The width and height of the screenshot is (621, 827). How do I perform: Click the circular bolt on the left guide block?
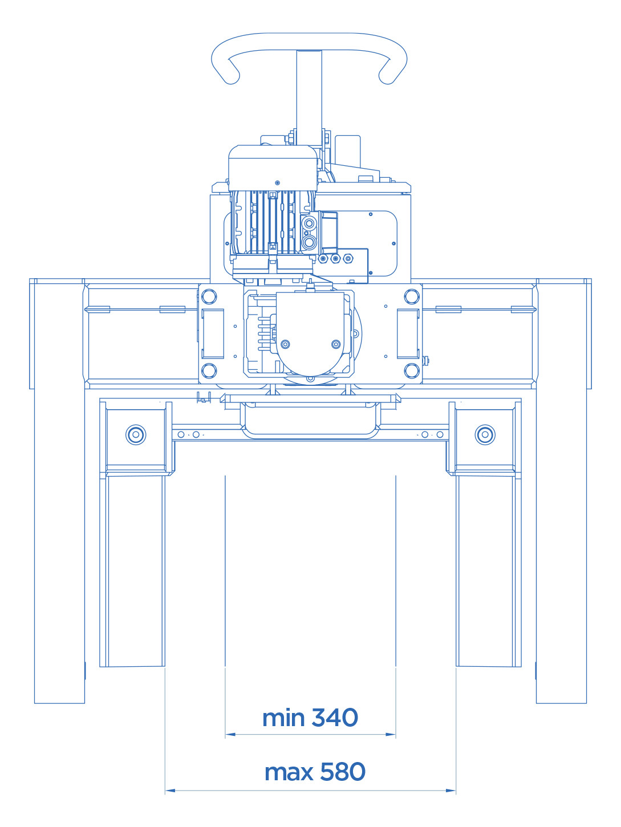coord(136,435)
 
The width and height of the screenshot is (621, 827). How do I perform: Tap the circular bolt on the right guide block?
coord(485,435)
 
